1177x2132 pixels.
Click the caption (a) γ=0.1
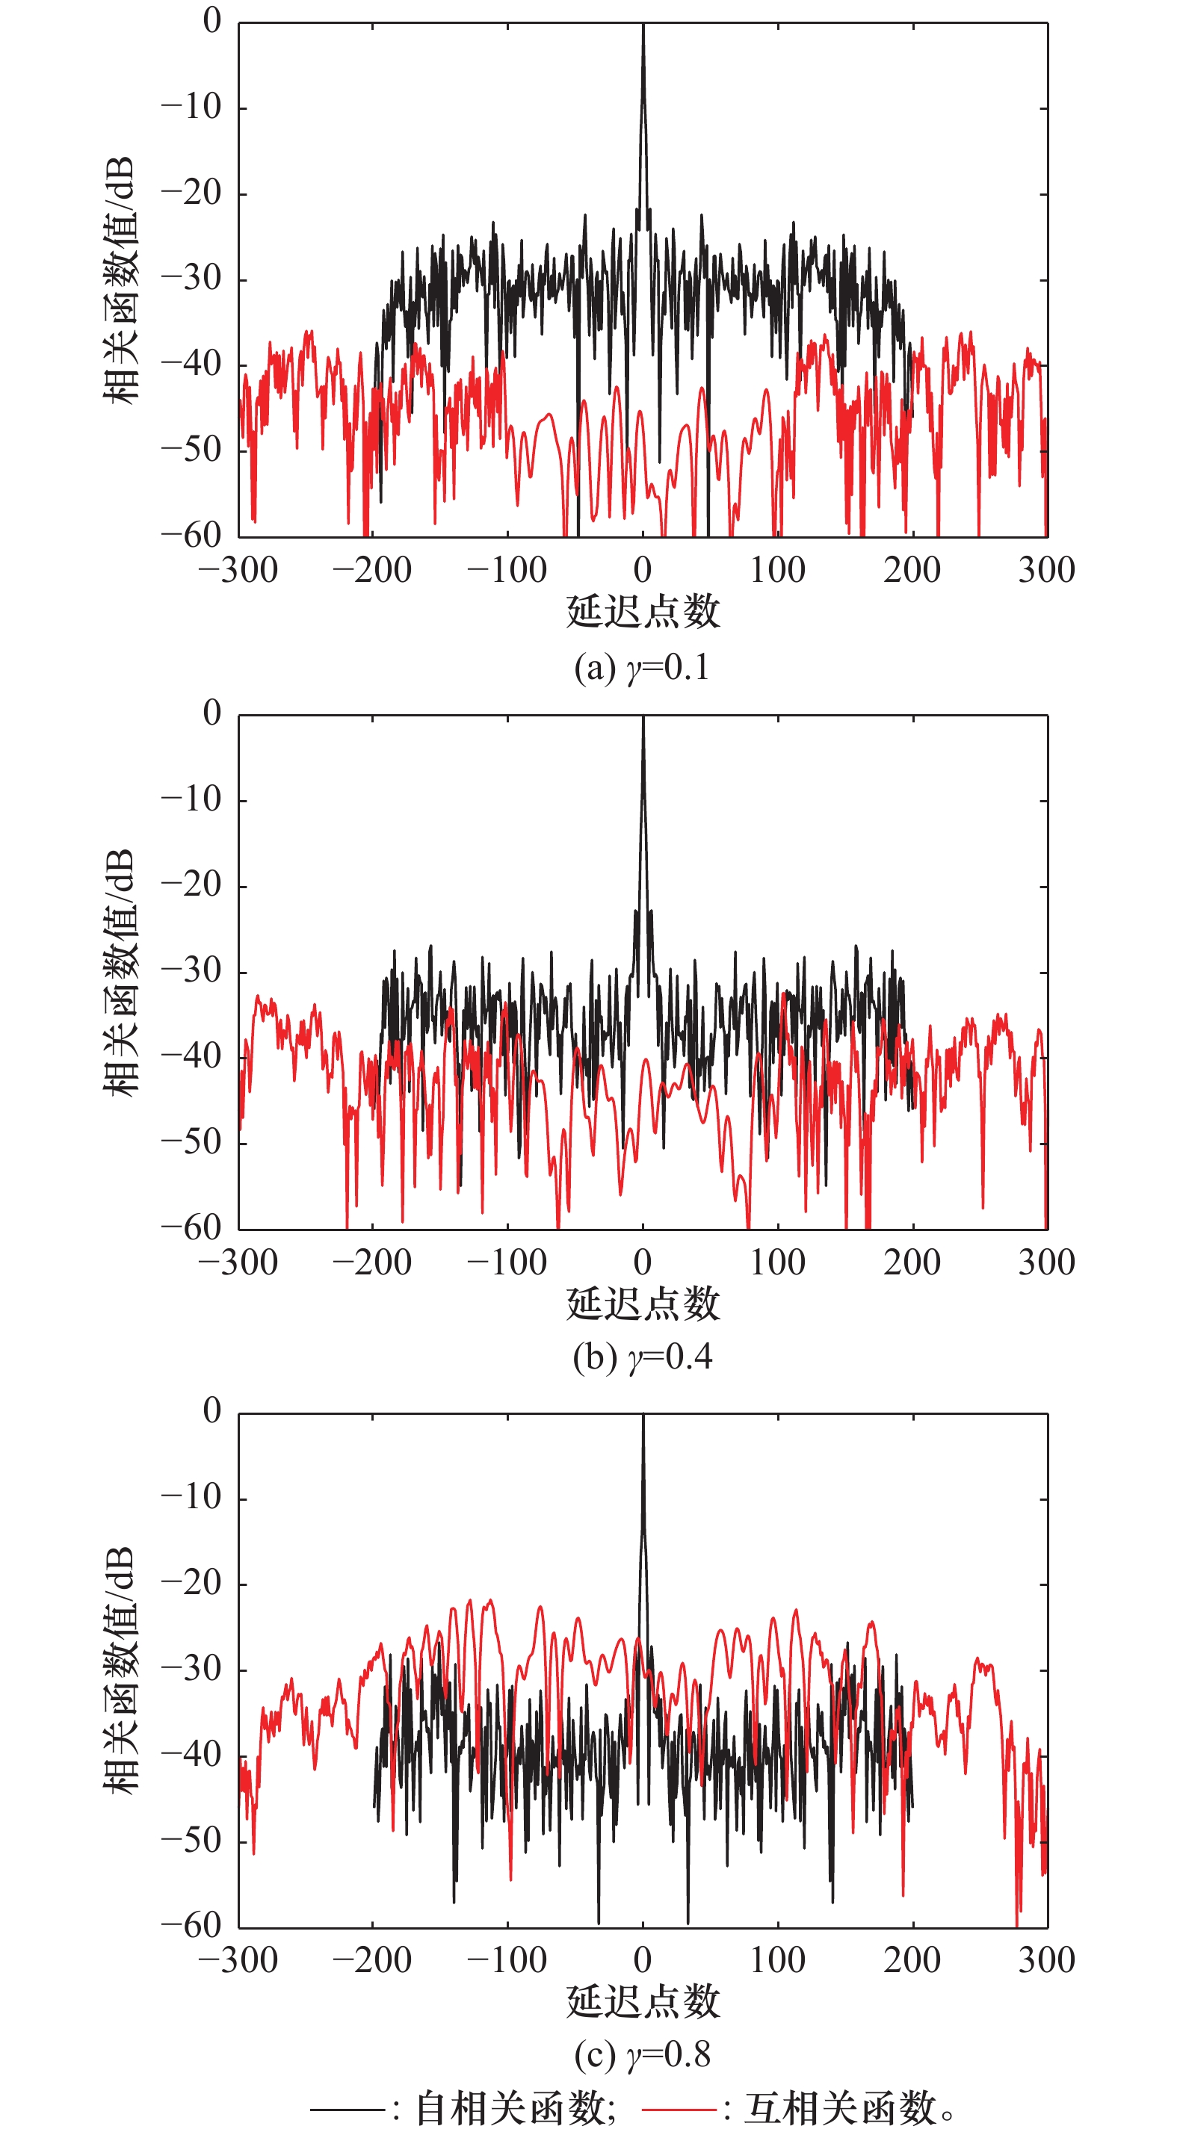(x=642, y=667)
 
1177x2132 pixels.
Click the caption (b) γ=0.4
(x=642, y=1357)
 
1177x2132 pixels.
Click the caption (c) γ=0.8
(x=642, y=2054)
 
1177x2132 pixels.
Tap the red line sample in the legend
(x=679, y=2107)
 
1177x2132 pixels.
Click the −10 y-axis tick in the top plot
(x=192, y=108)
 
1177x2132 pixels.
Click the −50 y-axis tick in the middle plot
(x=192, y=1142)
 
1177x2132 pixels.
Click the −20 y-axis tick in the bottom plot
(x=192, y=1583)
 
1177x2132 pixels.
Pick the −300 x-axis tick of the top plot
(x=238, y=570)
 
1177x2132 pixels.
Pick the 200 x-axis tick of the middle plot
(x=912, y=1262)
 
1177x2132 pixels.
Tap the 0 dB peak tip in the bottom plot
(x=643, y=1416)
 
